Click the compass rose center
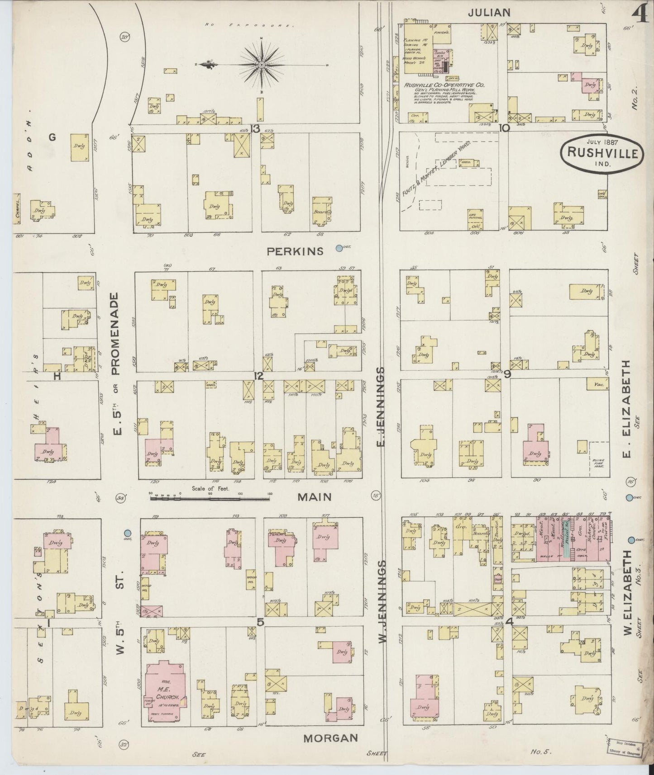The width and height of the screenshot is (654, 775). (262, 65)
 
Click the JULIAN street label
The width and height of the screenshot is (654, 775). (489, 13)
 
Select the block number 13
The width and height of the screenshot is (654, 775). (255, 129)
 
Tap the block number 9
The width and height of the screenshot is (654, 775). (507, 374)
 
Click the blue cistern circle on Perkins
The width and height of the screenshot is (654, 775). (339, 248)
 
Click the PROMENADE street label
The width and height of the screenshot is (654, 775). (116, 333)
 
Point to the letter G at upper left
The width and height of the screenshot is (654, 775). (53, 137)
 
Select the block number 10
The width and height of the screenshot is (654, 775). (504, 128)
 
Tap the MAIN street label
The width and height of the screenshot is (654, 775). (315, 497)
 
